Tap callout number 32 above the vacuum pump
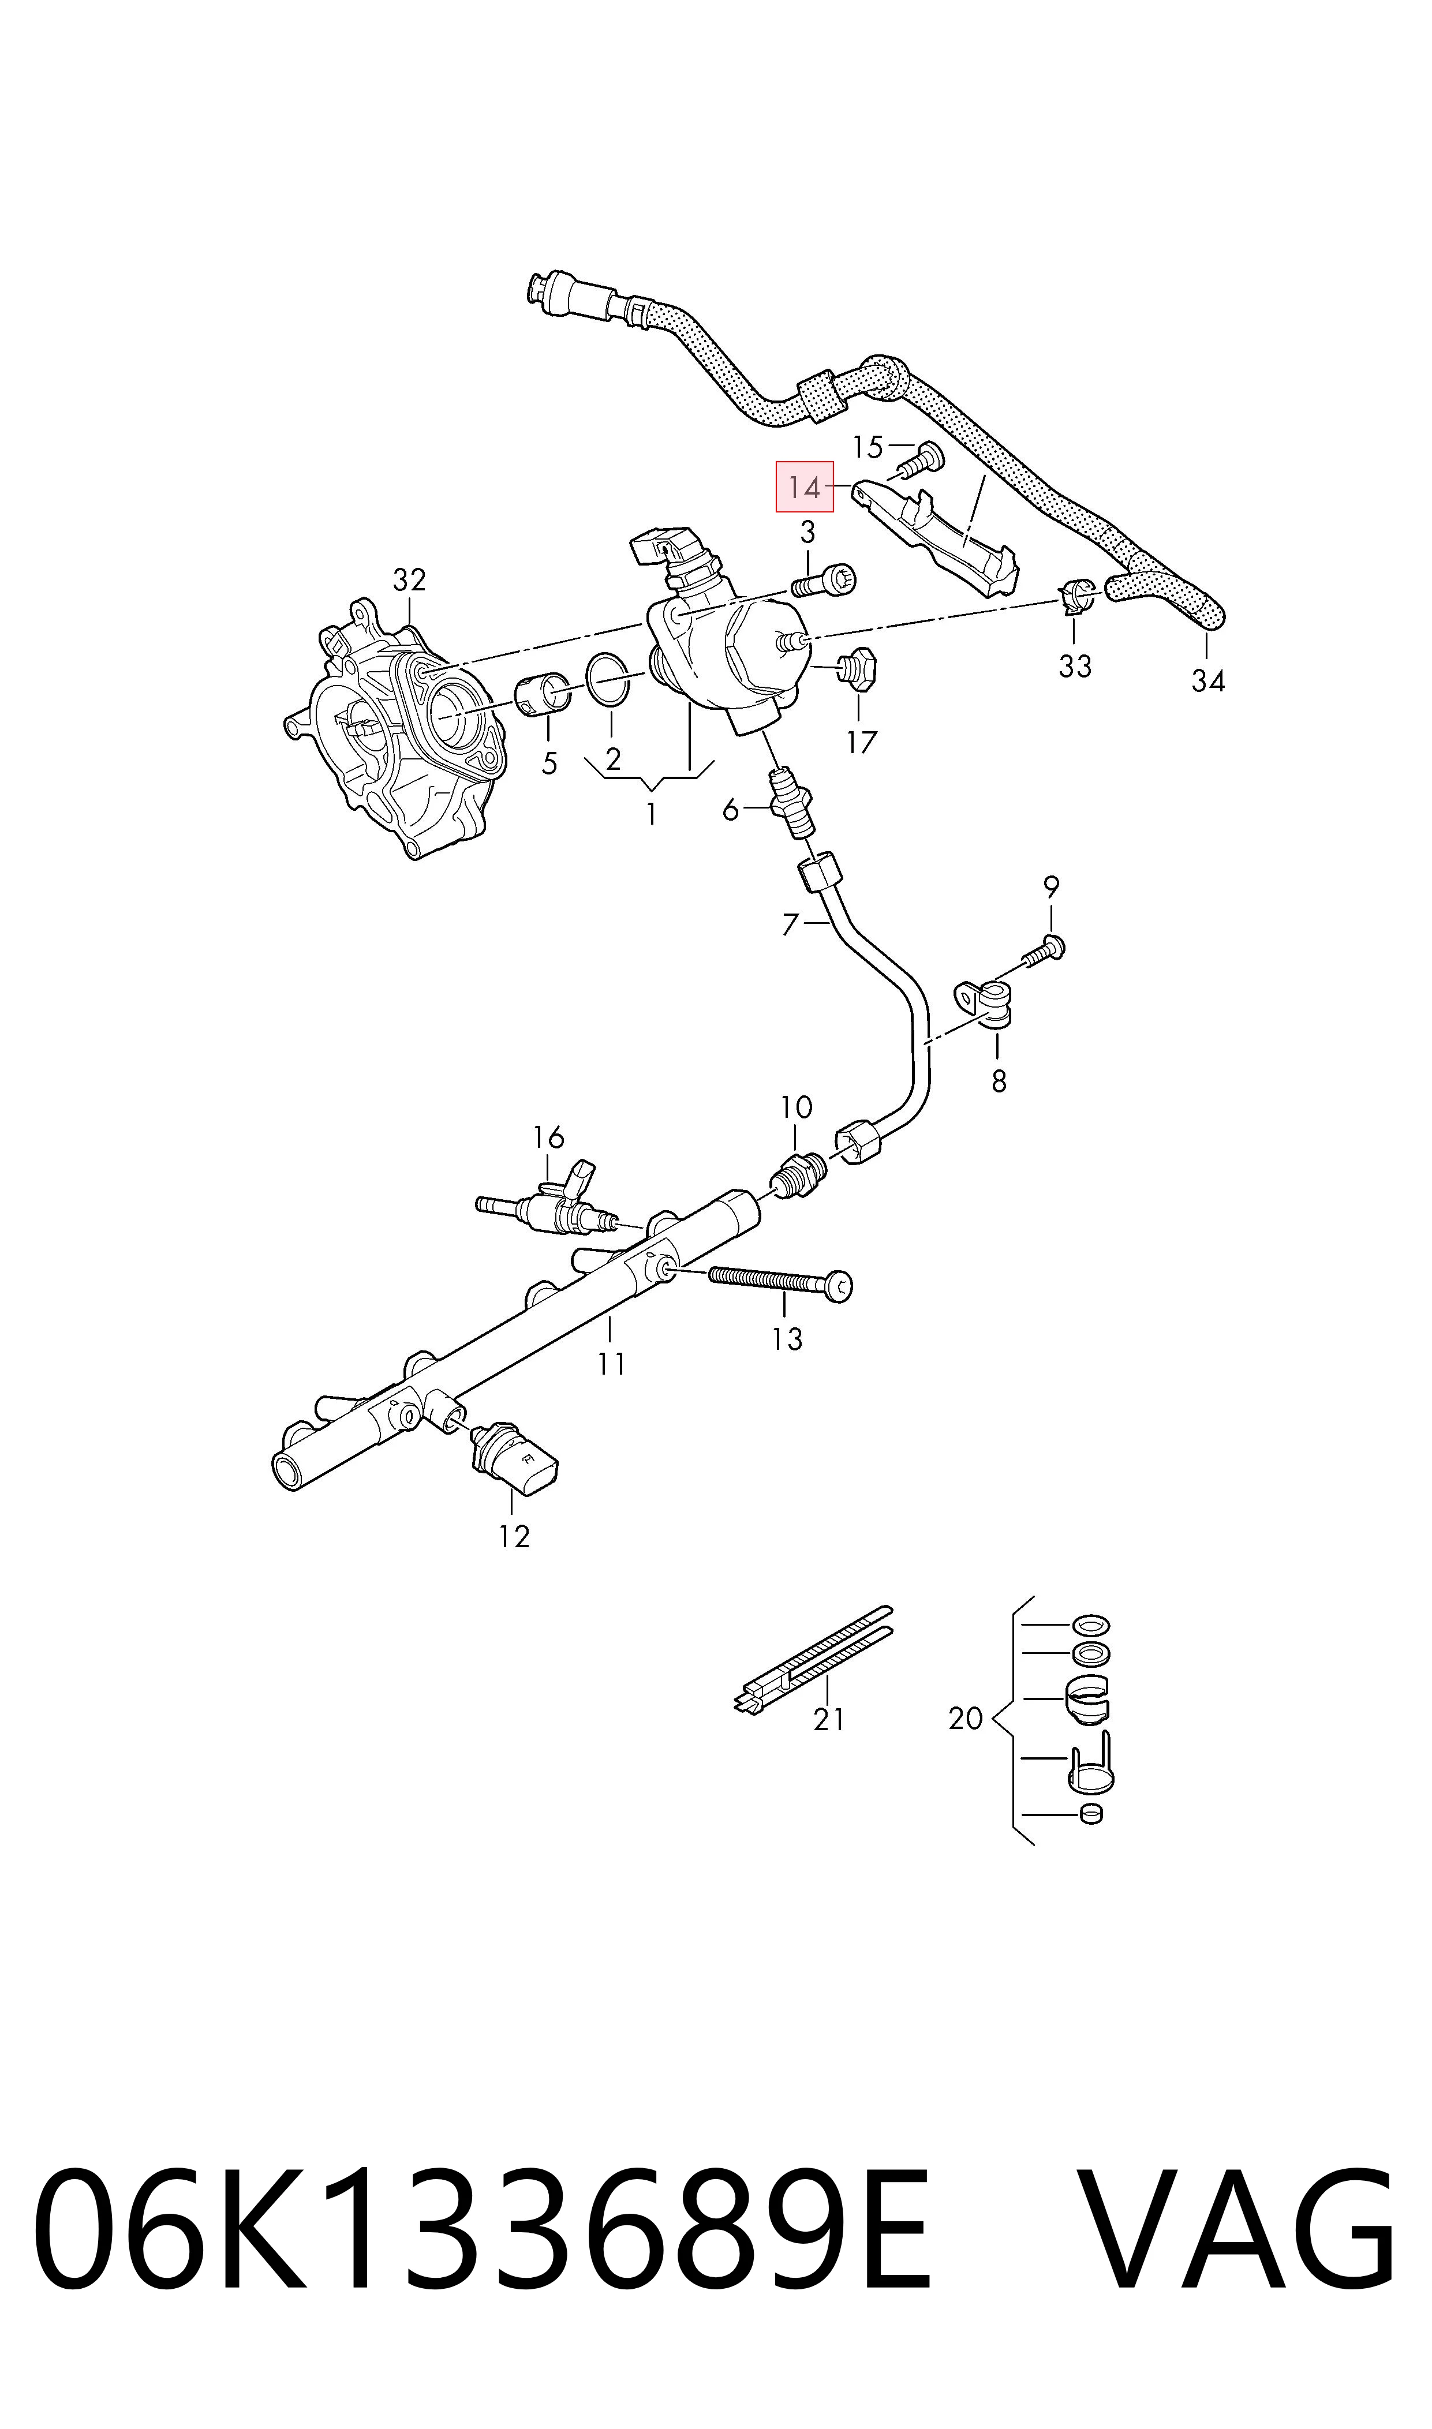click(x=409, y=580)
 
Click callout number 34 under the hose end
click(x=1207, y=681)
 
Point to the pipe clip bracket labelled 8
click(x=984, y=1003)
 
